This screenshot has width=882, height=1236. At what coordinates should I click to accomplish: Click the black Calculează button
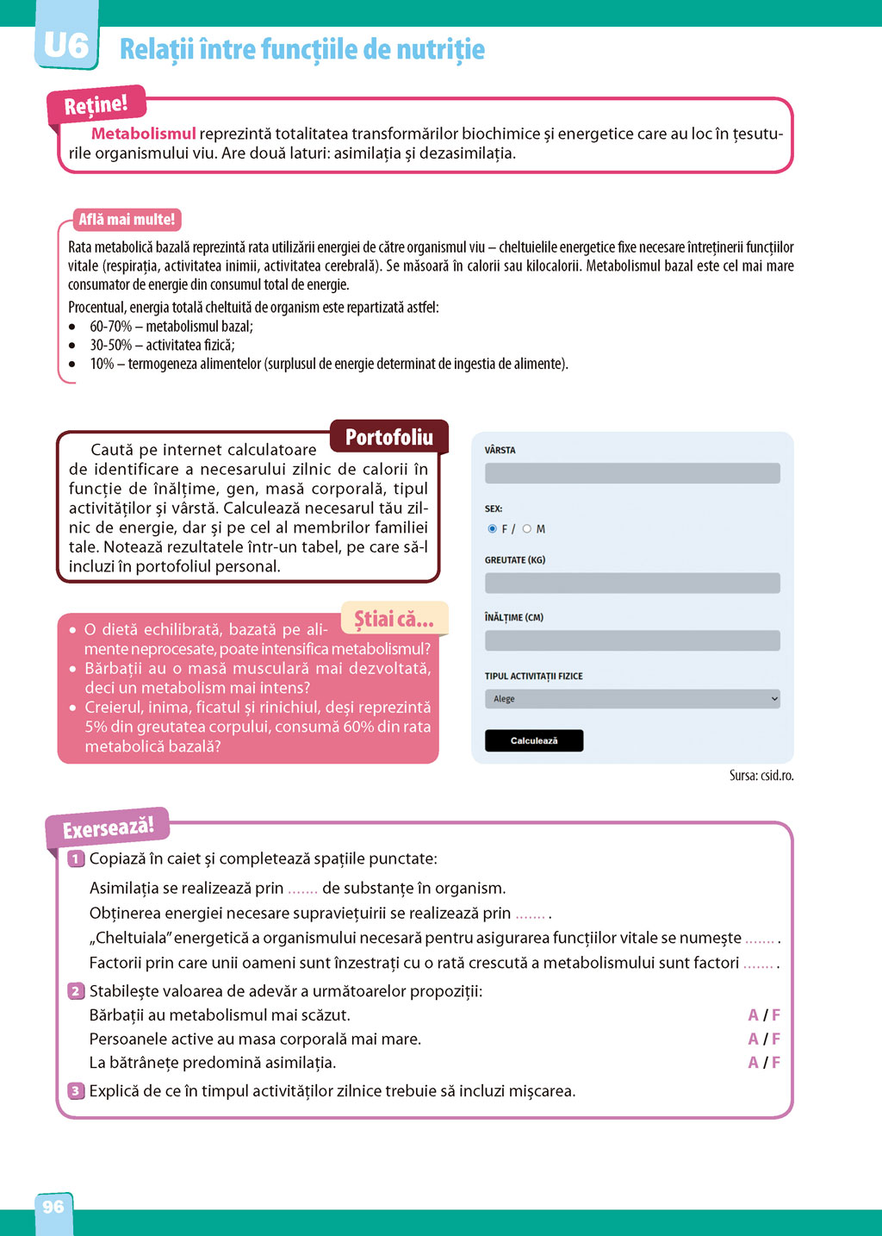tap(534, 740)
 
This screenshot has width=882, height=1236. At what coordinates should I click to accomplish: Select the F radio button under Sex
tap(493, 529)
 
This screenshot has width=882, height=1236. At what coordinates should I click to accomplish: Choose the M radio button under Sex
tap(527, 529)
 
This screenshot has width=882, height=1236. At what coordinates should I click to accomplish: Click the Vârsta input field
tap(632, 473)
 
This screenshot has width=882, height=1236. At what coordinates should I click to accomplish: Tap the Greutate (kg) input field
tap(632, 583)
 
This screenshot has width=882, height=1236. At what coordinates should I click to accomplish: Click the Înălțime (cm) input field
tap(632, 640)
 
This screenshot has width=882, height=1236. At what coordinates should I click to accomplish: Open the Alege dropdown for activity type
tap(632, 699)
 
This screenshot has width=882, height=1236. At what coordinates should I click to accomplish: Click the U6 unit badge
tap(66, 45)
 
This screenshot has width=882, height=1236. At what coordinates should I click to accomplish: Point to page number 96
tap(53, 1207)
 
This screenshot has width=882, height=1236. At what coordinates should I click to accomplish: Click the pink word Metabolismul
tap(144, 134)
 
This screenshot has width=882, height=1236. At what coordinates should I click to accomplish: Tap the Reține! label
tap(96, 105)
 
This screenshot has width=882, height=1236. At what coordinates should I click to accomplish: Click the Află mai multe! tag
tap(127, 220)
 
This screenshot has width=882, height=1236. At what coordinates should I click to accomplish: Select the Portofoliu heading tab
tap(389, 437)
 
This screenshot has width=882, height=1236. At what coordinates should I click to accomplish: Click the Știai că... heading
tap(394, 619)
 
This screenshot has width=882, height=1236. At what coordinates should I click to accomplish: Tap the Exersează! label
tap(108, 828)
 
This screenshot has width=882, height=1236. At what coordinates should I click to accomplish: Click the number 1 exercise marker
tap(76, 858)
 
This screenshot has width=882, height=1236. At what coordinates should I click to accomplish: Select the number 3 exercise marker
tap(76, 1091)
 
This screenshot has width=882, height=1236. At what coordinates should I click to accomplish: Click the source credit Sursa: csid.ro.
tap(761, 776)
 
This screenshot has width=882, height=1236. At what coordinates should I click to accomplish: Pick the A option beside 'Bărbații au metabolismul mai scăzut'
tap(754, 1015)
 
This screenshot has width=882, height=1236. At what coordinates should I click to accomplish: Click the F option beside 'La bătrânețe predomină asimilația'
tap(776, 1063)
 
